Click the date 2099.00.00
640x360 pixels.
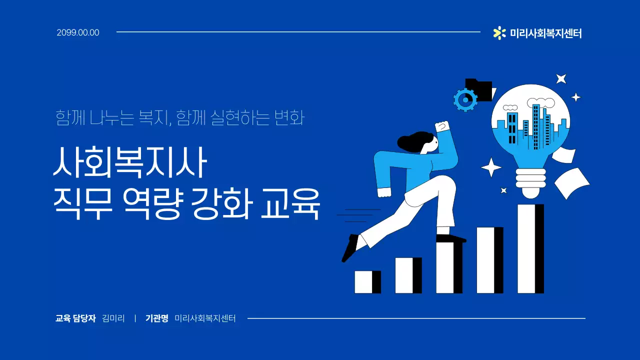tap(78, 33)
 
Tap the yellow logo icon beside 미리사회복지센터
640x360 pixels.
tap(499, 33)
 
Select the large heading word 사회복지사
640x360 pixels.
tap(129, 163)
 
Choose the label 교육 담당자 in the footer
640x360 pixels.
tap(75, 318)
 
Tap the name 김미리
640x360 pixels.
tap(113, 318)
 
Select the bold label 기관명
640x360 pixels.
tap(156, 318)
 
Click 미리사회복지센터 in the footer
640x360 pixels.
tap(205, 318)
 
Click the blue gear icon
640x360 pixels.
tap(465, 100)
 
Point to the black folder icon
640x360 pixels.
tap(479, 89)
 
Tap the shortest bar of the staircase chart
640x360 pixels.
tap(367, 282)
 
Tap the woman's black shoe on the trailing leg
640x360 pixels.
tap(350, 248)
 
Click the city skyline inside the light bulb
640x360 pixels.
tap(532, 127)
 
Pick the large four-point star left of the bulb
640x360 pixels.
tap(491, 167)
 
